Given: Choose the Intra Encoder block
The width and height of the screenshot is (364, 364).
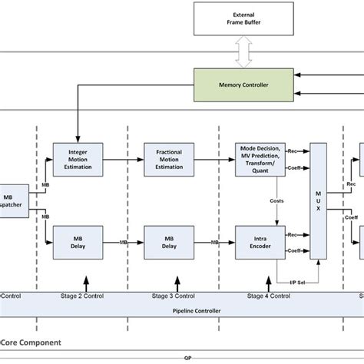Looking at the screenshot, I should tap(259, 242).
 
